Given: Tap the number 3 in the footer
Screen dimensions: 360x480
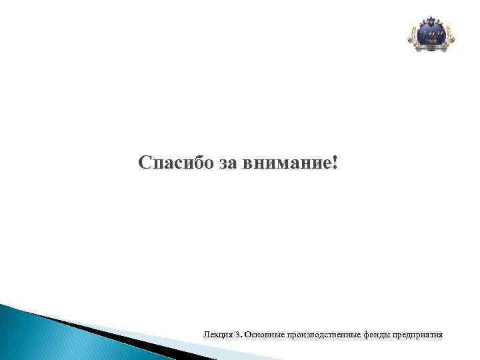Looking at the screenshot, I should point(236,333).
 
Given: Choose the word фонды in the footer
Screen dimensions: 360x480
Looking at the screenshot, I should point(378,333).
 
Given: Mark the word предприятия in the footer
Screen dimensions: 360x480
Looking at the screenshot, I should point(419,333).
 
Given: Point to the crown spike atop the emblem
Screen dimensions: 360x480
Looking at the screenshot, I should point(431,16).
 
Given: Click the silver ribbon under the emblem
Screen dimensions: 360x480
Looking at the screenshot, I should point(431,48).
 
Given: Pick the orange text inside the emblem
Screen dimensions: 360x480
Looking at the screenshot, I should point(431,40).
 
